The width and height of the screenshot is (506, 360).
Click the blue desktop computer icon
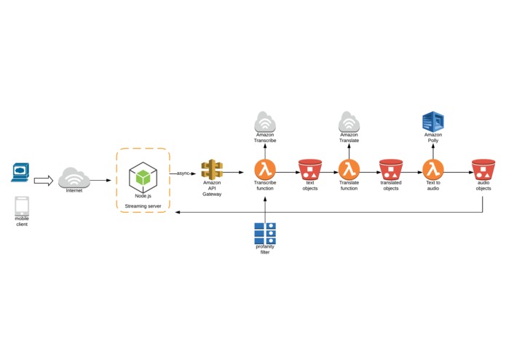pyautogui.click(x=20, y=173)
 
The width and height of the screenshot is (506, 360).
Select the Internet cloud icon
pyautogui.click(x=74, y=177)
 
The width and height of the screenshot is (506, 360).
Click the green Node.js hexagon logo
pyautogui.click(x=143, y=177)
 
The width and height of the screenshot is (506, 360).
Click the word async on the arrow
pyautogui.click(x=184, y=173)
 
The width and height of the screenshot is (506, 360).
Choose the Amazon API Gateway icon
pyautogui.click(x=212, y=170)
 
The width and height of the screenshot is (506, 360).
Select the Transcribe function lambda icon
pyautogui.click(x=265, y=169)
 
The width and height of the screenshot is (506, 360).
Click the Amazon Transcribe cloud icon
pyautogui.click(x=265, y=122)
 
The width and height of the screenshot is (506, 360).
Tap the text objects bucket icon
pyautogui.click(x=309, y=170)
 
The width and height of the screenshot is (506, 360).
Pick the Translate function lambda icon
pyautogui.click(x=349, y=169)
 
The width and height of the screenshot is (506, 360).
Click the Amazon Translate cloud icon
pyautogui.click(x=349, y=122)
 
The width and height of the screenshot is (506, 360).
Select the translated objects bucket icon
pyautogui.click(x=391, y=170)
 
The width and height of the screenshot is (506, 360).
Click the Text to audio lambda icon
pyautogui.click(x=433, y=169)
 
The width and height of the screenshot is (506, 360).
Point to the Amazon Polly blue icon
pyautogui.click(x=433, y=122)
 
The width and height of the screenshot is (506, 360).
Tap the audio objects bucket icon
pyautogui.click(x=483, y=170)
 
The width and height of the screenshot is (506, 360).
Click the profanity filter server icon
pyautogui.click(x=265, y=232)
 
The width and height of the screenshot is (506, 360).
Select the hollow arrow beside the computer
pyautogui.click(x=44, y=180)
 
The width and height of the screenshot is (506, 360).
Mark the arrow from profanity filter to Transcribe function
pyautogui.click(x=265, y=208)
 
